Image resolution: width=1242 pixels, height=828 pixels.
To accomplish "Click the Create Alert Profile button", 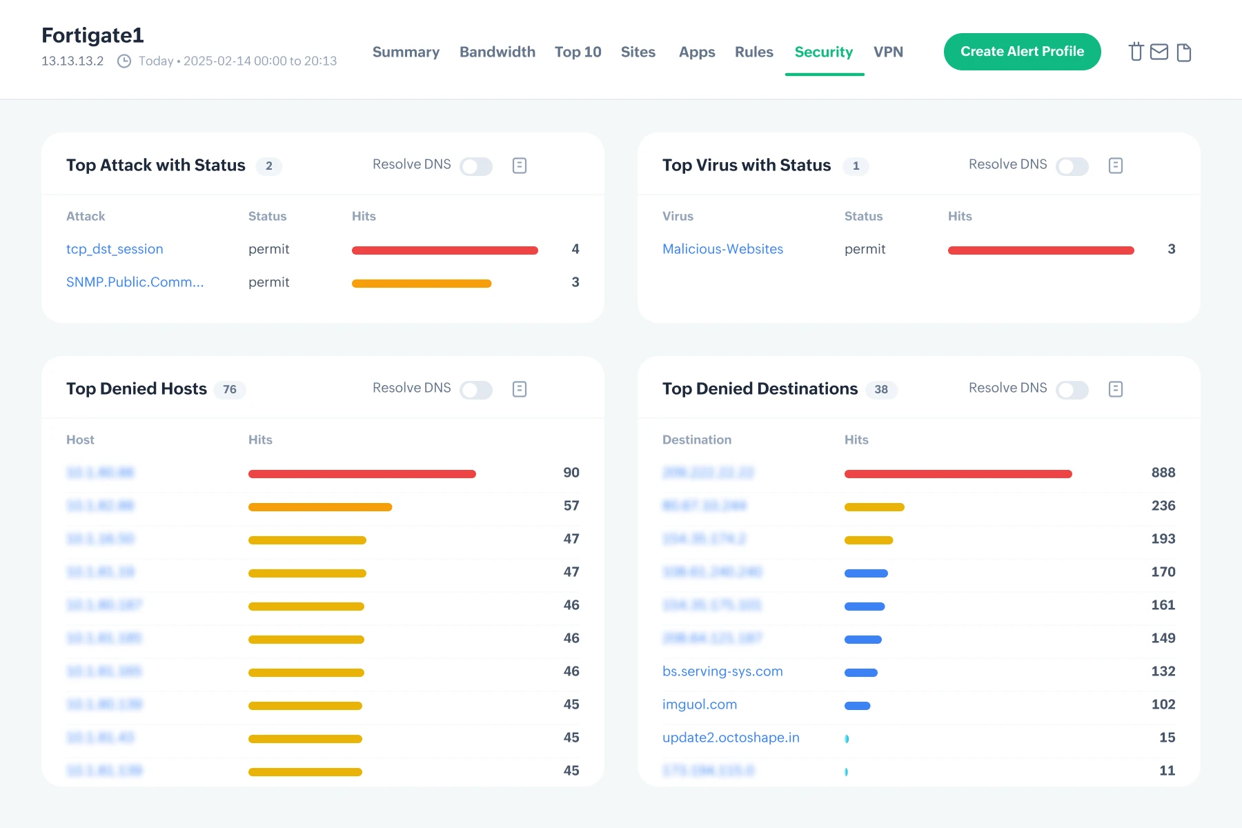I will pos(1022,52).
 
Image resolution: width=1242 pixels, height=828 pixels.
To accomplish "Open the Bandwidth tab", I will pos(497,52).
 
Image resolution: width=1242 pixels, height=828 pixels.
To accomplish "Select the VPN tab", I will pos(888,52).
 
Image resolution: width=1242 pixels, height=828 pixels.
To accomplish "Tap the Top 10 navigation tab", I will pos(578,52).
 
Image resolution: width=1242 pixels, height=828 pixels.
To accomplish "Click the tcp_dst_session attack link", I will pos(115,249).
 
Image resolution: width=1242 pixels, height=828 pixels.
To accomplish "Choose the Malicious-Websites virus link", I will pos(722,249).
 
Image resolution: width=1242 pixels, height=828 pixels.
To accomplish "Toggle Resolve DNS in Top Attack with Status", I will pos(476,166).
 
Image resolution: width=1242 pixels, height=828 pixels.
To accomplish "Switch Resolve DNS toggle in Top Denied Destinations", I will pos(1072,390).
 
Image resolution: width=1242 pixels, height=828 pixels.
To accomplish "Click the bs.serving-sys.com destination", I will pos(722,671).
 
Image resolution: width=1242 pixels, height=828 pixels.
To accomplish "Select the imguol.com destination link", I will pos(700,704).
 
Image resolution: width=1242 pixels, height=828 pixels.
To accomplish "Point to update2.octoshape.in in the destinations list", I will pos(731,738).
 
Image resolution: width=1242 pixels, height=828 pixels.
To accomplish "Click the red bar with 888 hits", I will pos(958,474).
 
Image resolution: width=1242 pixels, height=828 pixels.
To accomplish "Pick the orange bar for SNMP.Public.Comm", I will pos(422,284).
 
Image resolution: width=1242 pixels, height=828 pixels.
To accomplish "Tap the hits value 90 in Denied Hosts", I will pos(571,473).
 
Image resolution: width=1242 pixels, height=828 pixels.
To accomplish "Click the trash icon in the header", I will pos(1136,52).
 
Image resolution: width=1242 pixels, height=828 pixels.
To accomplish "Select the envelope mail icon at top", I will pos(1159,52).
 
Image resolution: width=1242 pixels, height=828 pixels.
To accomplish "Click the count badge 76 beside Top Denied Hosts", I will pos(230,390).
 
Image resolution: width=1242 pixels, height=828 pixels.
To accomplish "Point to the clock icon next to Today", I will pos(124,61).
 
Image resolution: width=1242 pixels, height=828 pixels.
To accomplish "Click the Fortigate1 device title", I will pos(92,35).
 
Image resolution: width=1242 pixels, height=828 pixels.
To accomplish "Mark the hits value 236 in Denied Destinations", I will pos(1163,506).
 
